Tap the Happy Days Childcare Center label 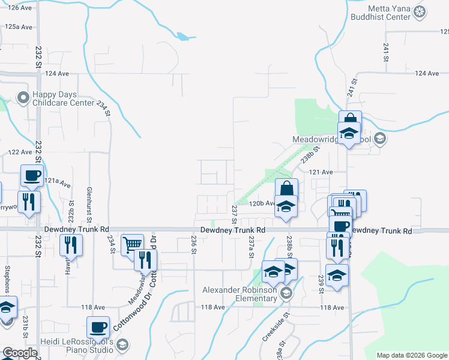coord(64,98)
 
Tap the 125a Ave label coord(18,27)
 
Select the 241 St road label coord(385,55)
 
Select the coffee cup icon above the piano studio coord(98,328)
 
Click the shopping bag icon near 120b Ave coord(287,187)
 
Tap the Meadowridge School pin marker coord(379,139)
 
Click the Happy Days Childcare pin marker coord(23,97)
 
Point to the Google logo coord(20,353)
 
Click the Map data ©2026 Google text coord(412,355)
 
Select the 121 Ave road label coord(321,172)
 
